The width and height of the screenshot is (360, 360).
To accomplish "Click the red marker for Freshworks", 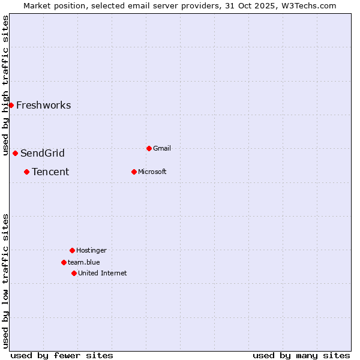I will pyautogui.click(x=11, y=105).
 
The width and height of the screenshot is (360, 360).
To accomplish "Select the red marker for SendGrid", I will pyautogui.click(x=15, y=153).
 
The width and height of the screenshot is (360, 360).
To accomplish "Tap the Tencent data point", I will pyautogui.click(x=26, y=172).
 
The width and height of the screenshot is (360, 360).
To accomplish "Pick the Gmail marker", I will pyautogui.click(x=149, y=148).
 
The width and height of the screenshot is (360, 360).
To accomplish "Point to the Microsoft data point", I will pyautogui.click(x=134, y=172).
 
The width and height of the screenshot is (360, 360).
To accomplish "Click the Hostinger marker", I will pyautogui.click(x=72, y=250).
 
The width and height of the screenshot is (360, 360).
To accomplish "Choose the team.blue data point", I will pyautogui.click(x=64, y=262).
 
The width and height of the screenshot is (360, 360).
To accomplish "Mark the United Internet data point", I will pyautogui.click(x=74, y=273).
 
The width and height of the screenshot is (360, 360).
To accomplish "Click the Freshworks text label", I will pyautogui.click(x=43, y=106).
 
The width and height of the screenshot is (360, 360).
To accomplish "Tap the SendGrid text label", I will pyautogui.click(x=43, y=153).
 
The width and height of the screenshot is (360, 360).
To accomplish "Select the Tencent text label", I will pyautogui.click(x=50, y=172).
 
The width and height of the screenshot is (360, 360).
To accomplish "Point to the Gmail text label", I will pyautogui.click(x=162, y=148).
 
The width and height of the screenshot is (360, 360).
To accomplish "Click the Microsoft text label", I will pyautogui.click(x=152, y=172).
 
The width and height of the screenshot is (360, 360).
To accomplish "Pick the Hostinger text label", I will pyautogui.click(x=91, y=250).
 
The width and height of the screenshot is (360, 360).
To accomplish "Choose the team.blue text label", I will pyautogui.click(x=84, y=262).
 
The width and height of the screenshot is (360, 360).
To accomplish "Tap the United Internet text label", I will pyautogui.click(x=103, y=273).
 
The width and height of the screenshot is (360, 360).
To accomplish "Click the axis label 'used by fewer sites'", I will pyautogui.click(x=62, y=355).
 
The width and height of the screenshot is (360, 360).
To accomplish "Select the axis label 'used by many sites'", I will pyautogui.click(x=301, y=355).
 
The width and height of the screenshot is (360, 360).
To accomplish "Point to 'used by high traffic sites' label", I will pyautogui.click(x=5, y=85).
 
